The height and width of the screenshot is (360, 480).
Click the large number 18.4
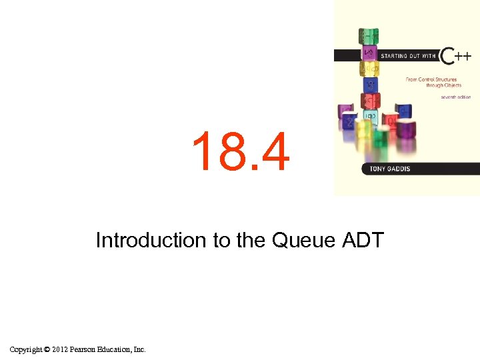pyautogui.click(x=241, y=152)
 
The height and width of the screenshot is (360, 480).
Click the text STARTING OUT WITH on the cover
pyautogui.click(x=407, y=56)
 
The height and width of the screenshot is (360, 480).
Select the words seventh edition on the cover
pyautogui.click(x=455, y=97)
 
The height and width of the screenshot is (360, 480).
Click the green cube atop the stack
pyautogui.click(x=369, y=35)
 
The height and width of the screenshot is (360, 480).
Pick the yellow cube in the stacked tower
pyautogui.click(x=370, y=68)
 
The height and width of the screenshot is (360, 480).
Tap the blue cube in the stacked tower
pyautogui.click(x=370, y=85)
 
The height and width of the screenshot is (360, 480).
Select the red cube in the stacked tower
pyautogui.click(x=370, y=101)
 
